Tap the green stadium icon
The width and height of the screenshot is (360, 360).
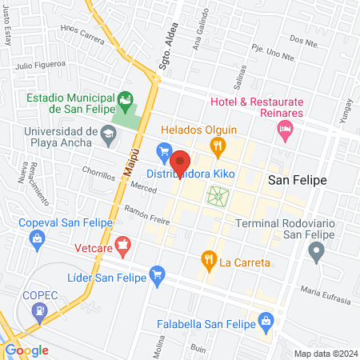[125, 98]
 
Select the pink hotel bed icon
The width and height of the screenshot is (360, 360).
[285, 132]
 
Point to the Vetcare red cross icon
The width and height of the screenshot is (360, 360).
[122, 243]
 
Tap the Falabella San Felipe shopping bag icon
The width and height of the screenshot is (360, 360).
[267, 323]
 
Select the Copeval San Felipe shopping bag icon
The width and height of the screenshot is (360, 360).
[36, 238]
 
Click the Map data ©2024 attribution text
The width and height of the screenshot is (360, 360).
[325, 353]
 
